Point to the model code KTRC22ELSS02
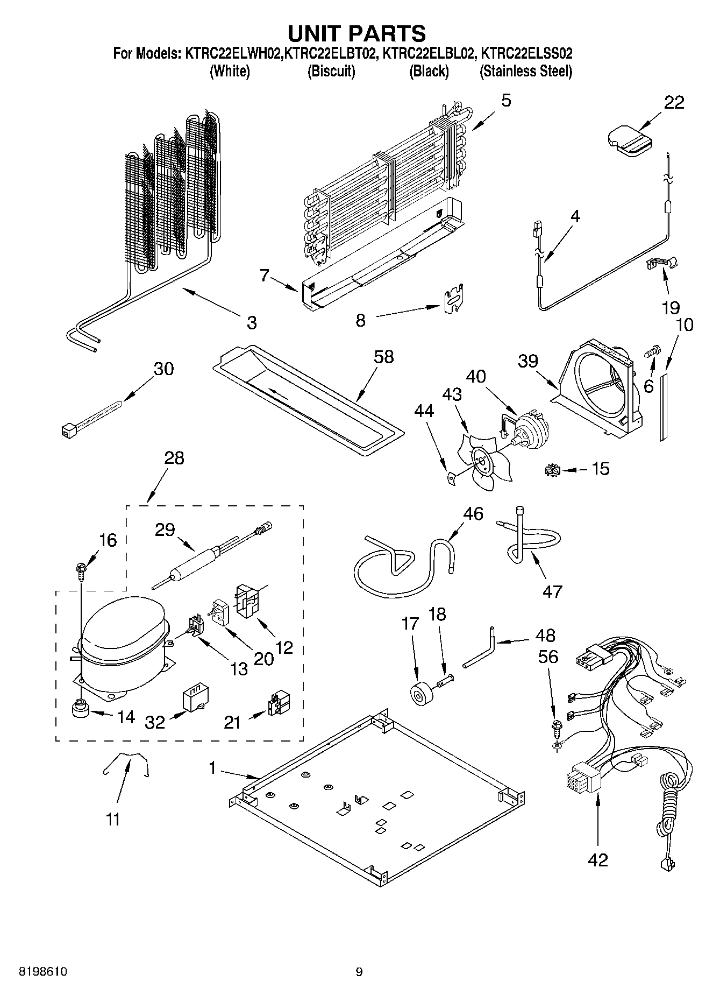(x=526, y=54)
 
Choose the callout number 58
(x=384, y=356)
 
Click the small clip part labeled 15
(x=552, y=470)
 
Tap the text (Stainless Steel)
(x=525, y=71)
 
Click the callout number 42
(x=597, y=859)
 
